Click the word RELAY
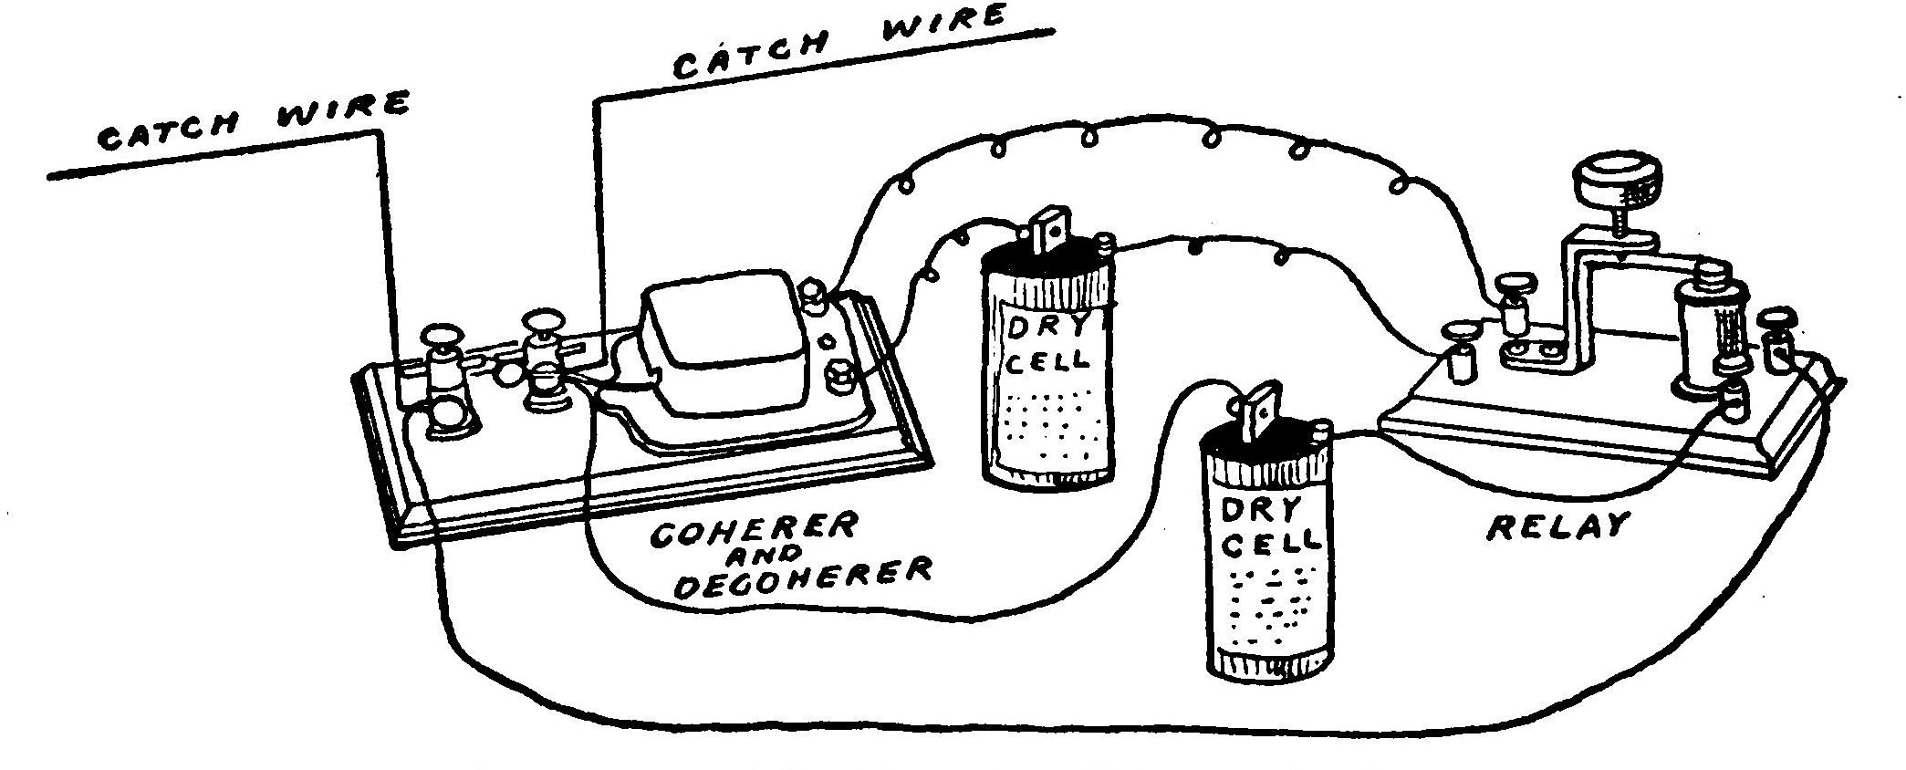(1557, 527)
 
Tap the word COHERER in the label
(754, 529)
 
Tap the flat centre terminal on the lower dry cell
(1261, 410)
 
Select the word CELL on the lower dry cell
(1271, 545)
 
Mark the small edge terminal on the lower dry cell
(1318, 430)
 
